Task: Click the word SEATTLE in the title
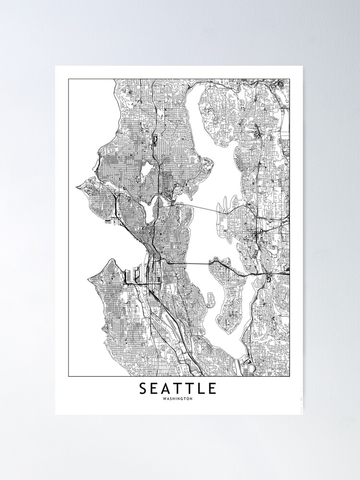click(x=178, y=388)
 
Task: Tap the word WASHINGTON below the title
click(x=178, y=399)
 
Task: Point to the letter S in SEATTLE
click(x=143, y=388)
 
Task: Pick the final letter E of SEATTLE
click(x=213, y=388)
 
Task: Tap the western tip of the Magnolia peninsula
click(x=77, y=188)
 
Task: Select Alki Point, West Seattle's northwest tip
click(x=89, y=278)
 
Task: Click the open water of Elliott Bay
click(x=115, y=245)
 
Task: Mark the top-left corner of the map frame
click(x=68, y=79)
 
